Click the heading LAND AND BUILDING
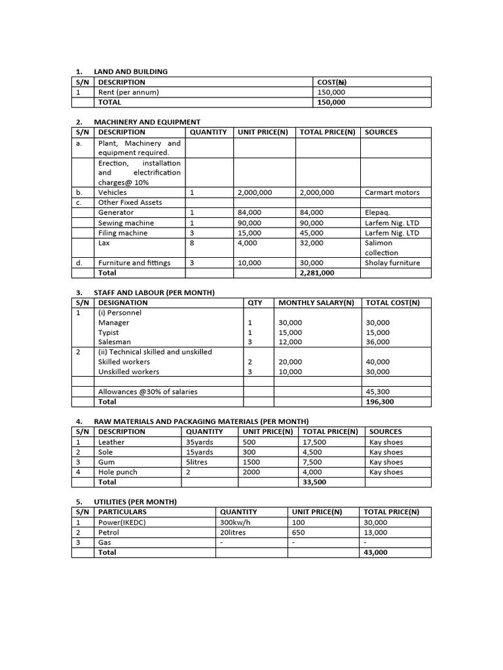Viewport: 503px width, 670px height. tap(130, 71)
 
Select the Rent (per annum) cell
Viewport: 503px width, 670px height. tap(128, 92)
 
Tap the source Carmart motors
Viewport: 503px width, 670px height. tap(392, 192)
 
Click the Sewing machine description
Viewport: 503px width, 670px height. tap(126, 222)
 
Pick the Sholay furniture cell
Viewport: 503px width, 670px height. tap(392, 262)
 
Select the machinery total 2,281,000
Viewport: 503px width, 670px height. tap(317, 273)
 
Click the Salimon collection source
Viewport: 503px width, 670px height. tap(381, 247)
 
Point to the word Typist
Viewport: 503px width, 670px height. tap(109, 332)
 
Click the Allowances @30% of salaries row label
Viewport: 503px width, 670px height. tap(147, 392)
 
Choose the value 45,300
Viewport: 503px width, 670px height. tap(378, 392)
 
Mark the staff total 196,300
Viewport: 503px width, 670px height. tap(380, 402)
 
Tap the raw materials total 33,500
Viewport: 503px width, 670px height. tap(314, 482)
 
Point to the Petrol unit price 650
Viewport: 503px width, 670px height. tap(299, 533)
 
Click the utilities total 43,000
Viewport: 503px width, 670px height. tap(375, 552)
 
